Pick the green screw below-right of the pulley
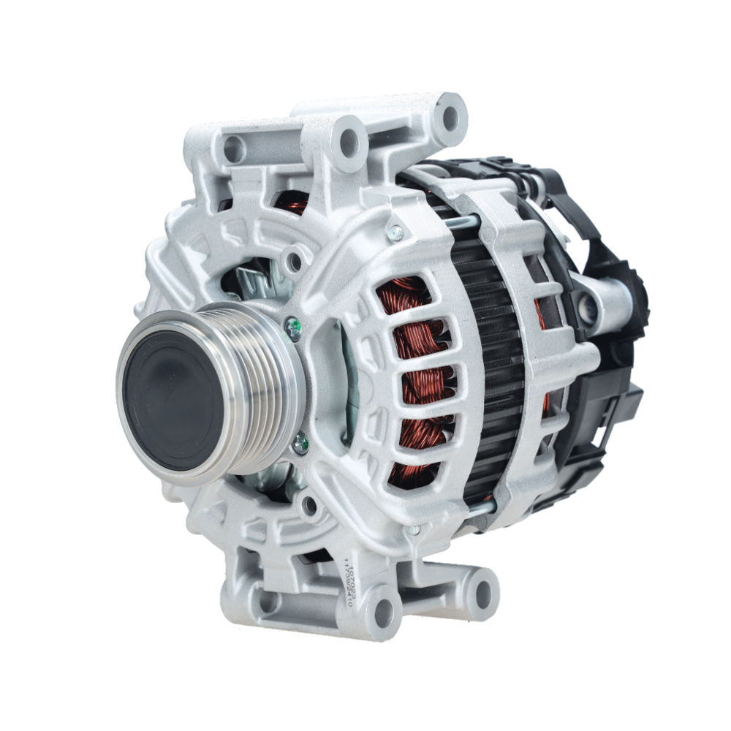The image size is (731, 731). tap(300, 442)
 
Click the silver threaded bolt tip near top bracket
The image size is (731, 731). tap(395, 232)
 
